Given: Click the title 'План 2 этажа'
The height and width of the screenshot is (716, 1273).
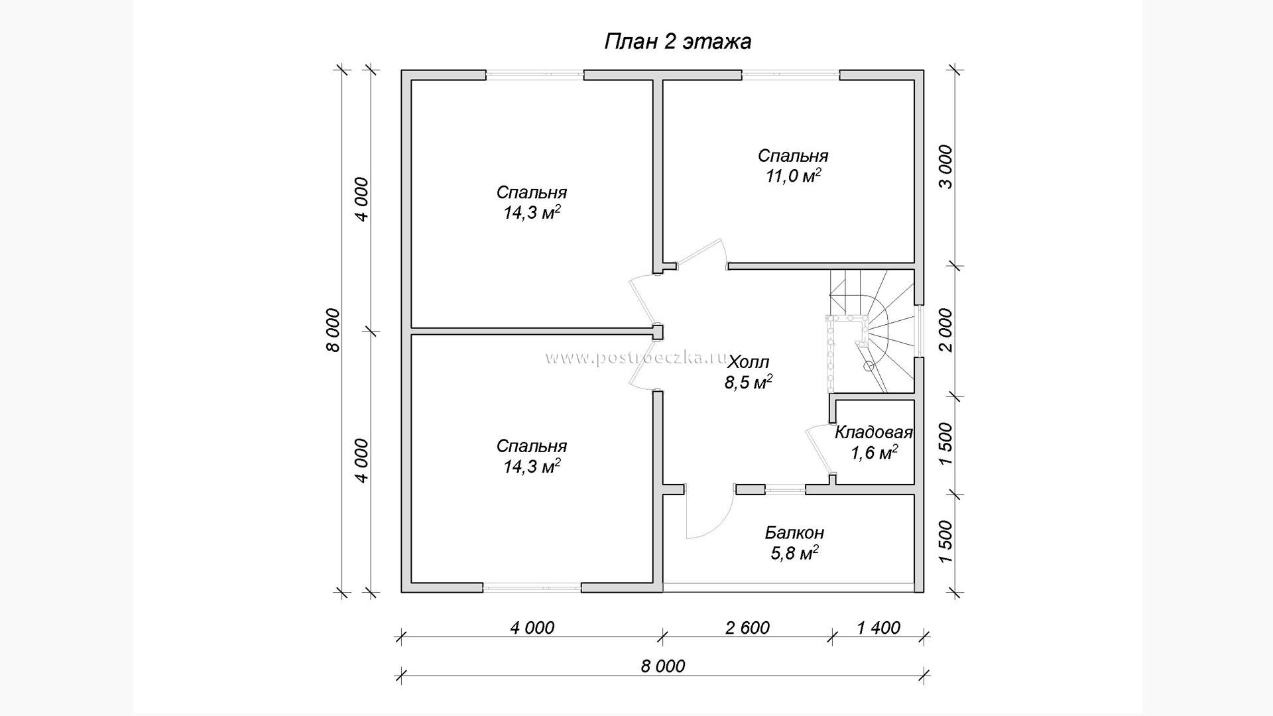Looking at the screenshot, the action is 678,42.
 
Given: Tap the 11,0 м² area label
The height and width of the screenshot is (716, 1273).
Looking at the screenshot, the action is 793,176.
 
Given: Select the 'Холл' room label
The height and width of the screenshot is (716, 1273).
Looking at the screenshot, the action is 749,362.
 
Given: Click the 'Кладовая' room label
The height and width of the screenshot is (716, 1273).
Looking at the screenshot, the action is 873,433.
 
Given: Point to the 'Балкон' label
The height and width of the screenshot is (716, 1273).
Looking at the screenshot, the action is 794,532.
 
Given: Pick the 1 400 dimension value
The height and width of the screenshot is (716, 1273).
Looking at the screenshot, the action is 879,627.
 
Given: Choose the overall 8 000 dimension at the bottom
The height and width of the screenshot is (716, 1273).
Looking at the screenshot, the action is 663,666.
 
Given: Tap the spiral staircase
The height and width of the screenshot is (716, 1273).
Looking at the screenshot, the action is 870,330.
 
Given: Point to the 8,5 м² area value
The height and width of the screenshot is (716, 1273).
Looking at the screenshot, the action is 749,383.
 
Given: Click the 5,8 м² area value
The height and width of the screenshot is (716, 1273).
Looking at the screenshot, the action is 794,553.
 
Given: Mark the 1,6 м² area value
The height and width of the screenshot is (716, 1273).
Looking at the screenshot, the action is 875,453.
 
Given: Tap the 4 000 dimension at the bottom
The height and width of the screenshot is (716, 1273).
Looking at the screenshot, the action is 532,627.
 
